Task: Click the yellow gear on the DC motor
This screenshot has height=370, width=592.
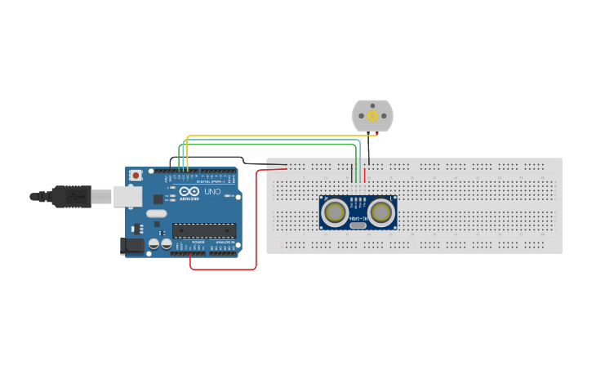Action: coord(372,116)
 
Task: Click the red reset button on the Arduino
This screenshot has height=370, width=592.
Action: coord(136,175)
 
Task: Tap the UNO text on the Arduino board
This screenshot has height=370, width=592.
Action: coord(212,192)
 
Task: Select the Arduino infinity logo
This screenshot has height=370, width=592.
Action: coord(189,190)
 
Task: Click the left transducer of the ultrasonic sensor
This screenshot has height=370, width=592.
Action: coord(335,212)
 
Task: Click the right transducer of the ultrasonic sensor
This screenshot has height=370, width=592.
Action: coord(381,212)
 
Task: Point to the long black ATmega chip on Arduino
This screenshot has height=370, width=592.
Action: coord(203,230)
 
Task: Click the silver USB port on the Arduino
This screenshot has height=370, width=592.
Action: coord(126,196)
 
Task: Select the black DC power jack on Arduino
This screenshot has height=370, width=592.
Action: coord(131,244)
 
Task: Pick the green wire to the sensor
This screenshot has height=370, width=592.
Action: coord(269,145)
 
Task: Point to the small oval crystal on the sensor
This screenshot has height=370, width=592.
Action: coord(358,225)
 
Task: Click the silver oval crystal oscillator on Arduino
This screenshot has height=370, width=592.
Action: coord(157,214)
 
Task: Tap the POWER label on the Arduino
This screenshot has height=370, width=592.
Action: coord(198,243)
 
